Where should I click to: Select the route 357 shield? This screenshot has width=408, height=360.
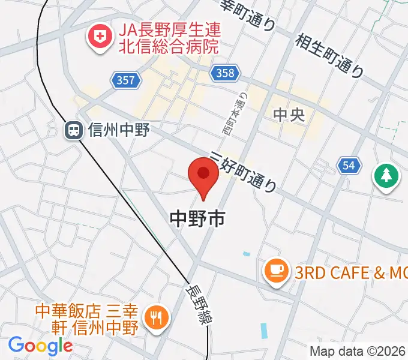click(126, 79)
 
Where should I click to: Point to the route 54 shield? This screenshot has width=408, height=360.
click(349, 166)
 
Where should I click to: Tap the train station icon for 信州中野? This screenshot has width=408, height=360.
click(74, 130)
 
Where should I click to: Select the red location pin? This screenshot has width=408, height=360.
click(203, 176)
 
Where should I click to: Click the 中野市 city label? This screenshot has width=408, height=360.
click(197, 218)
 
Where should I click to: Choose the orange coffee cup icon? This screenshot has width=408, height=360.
click(276, 268)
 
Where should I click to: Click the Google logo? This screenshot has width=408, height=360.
click(40, 345)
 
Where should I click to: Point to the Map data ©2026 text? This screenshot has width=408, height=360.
click(357, 351)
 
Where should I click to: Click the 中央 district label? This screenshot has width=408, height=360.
click(289, 115)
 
